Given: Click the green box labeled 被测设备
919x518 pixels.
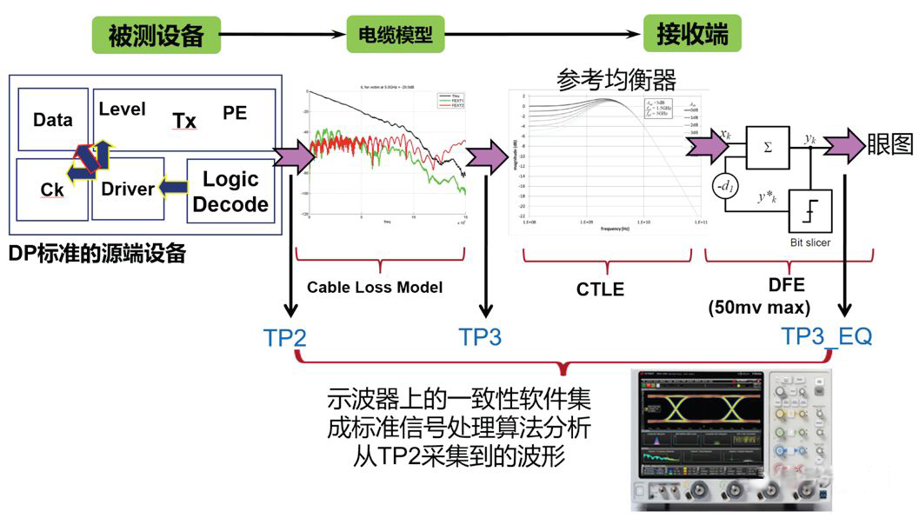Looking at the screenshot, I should pyautogui.click(x=156, y=36).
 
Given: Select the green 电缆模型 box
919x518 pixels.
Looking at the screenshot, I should pyautogui.click(x=395, y=37).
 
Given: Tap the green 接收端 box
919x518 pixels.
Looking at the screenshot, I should pyautogui.click(x=692, y=36).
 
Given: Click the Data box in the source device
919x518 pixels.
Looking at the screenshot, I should pyautogui.click(x=52, y=120).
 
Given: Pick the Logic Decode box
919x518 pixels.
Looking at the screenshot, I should pyautogui.click(x=230, y=192).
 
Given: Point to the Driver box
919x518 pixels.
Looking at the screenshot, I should pyautogui.click(x=127, y=189).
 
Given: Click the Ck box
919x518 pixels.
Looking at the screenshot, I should pyautogui.click(x=52, y=189).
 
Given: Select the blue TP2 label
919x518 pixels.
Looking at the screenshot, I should pyautogui.click(x=284, y=337).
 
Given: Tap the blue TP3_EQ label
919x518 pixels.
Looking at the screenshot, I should pyautogui.click(x=826, y=335).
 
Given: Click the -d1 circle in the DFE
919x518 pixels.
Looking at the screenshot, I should pyautogui.click(x=727, y=187).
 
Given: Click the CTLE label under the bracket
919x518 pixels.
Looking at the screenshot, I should pyautogui.click(x=600, y=289).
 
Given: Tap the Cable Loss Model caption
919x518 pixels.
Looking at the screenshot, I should pyautogui.click(x=375, y=287).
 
